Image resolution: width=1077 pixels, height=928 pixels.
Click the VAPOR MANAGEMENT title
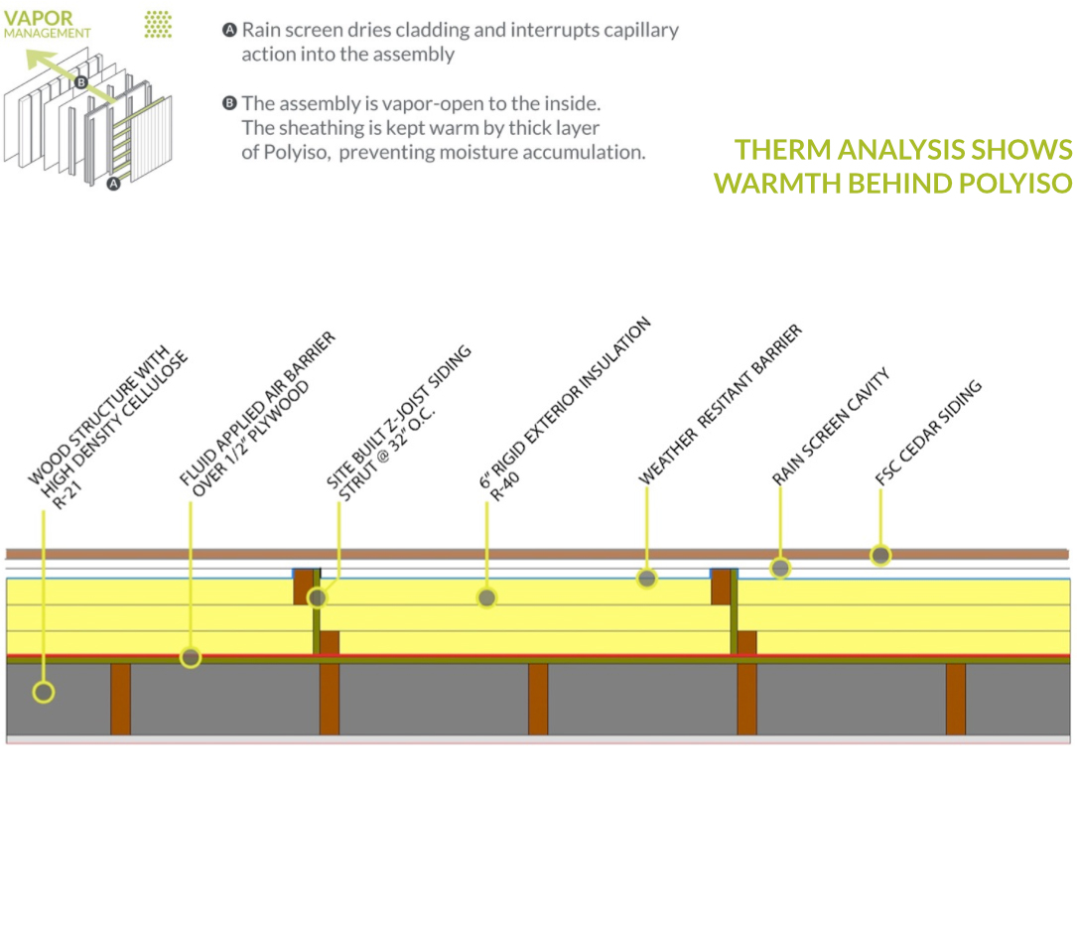coord(47,25)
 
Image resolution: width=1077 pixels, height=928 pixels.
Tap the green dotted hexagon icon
coord(158,25)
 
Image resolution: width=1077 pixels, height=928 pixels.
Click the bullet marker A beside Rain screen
coord(229,30)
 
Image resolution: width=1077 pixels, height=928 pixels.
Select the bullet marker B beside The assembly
coord(229,103)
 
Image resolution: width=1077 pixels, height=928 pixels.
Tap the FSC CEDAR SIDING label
coord(929,432)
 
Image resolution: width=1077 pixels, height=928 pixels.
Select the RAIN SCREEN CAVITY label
coord(831,427)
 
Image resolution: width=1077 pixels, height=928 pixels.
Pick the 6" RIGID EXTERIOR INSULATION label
coord(566,402)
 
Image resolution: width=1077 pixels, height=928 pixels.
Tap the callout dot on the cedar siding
coord(880,555)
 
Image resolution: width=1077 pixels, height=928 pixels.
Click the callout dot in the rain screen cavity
coord(781,569)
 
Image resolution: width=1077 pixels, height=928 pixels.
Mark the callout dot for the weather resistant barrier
coord(647,578)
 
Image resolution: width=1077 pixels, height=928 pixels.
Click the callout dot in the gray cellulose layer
coord(43,691)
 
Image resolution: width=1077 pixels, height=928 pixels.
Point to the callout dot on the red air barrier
coord(191,656)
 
